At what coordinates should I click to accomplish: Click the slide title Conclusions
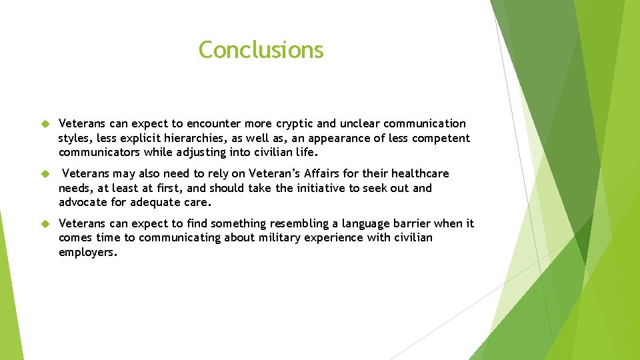(x=261, y=50)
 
